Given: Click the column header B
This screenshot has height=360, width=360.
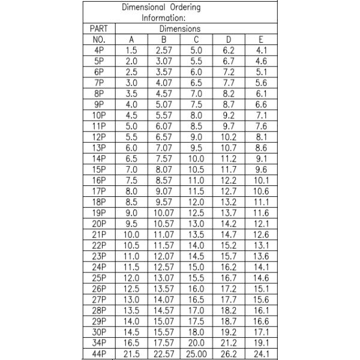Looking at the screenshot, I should point(164,40).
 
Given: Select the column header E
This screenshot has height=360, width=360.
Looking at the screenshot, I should point(261,40).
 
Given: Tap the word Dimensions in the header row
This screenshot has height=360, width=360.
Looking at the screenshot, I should point(180,28).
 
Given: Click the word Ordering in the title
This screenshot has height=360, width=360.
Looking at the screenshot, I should point(181,7).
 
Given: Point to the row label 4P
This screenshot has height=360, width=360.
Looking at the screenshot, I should point(100,50).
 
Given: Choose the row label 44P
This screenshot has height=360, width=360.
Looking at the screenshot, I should point(100,354).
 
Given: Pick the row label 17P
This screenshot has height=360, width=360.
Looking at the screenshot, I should point(100,191).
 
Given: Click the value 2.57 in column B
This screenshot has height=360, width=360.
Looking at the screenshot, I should point(164,50).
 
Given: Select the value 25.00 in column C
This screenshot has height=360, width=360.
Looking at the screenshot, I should point(197,354).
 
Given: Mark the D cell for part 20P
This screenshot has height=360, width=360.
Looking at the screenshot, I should point(229,224).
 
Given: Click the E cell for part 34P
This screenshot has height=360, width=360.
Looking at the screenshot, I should point(261,343).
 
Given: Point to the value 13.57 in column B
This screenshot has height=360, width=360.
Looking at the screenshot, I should point(164,289).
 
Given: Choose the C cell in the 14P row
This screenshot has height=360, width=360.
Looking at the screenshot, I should point(197,158).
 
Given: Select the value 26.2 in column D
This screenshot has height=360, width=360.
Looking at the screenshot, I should point(229,354).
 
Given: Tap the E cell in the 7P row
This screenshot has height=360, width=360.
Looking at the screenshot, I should point(261,83).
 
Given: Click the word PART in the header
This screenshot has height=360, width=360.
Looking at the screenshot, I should point(100,28).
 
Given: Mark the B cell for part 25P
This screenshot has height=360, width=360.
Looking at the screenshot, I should point(164,278).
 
